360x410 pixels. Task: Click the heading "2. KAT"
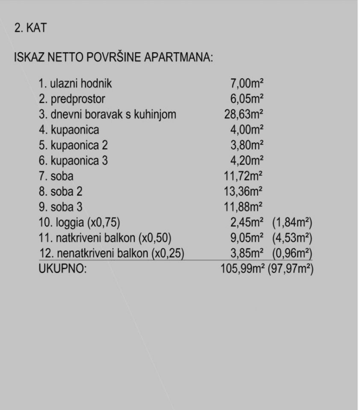click(30, 29)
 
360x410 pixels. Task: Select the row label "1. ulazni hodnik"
click(76, 84)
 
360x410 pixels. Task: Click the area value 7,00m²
click(247, 84)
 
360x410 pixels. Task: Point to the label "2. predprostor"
click(71, 99)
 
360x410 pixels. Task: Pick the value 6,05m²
click(247, 99)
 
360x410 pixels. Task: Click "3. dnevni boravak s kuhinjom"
click(107, 114)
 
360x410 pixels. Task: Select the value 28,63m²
click(243, 114)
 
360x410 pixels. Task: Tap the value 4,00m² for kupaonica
click(247, 130)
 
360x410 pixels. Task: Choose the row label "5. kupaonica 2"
click(73, 145)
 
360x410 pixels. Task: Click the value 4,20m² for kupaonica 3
click(247, 161)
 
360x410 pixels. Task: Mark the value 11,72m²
click(243, 176)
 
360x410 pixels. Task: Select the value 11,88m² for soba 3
click(243, 207)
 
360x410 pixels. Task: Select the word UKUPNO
click(62, 269)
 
